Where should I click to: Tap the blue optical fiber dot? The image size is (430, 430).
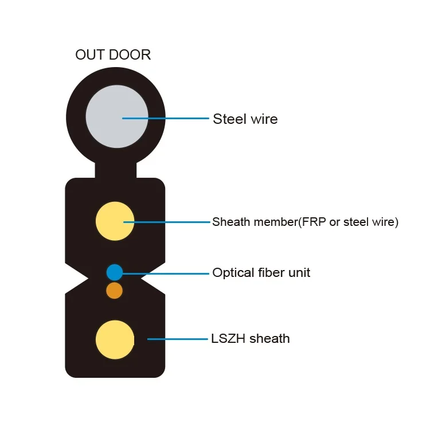pyautogui.click(x=115, y=272)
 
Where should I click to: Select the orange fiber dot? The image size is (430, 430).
pyautogui.click(x=115, y=291)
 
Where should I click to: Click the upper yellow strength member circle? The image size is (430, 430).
pyautogui.click(x=115, y=221)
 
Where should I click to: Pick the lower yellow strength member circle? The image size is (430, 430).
pyautogui.click(x=115, y=339)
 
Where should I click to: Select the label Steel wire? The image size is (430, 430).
pyautogui.click(x=245, y=119)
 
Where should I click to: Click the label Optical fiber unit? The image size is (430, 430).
pyautogui.click(x=261, y=272)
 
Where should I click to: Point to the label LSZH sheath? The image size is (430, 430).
pyautogui.click(x=250, y=339)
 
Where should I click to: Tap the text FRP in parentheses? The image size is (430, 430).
pyautogui.click(x=310, y=222)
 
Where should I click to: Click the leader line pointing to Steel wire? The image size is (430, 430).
pyautogui.click(x=172, y=119)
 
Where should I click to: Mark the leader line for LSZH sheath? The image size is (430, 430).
pyautogui.click(x=178, y=339)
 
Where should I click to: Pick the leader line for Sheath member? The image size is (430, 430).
pyautogui.click(x=172, y=222)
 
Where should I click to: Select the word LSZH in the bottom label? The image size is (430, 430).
pyautogui.click(x=228, y=339)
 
